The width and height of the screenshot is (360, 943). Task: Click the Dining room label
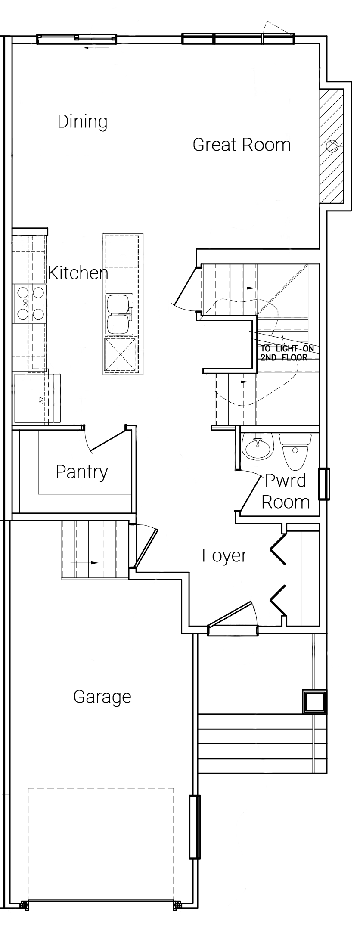[x=82, y=122]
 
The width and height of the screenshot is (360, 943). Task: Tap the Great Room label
[x=242, y=145]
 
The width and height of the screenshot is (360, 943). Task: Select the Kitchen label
[x=78, y=273]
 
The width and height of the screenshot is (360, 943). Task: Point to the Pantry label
[x=81, y=472]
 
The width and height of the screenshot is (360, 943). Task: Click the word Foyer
[x=225, y=556]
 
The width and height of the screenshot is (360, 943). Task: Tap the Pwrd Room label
[x=286, y=491]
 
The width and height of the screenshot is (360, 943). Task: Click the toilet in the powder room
[x=295, y=451]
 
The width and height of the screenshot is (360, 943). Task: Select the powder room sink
[x=258, y=447]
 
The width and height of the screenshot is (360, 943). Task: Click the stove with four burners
[x=30, y=303]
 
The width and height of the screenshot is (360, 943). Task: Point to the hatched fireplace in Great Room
[x=331, y=146]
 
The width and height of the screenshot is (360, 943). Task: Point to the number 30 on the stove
[x=25, y=303]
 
